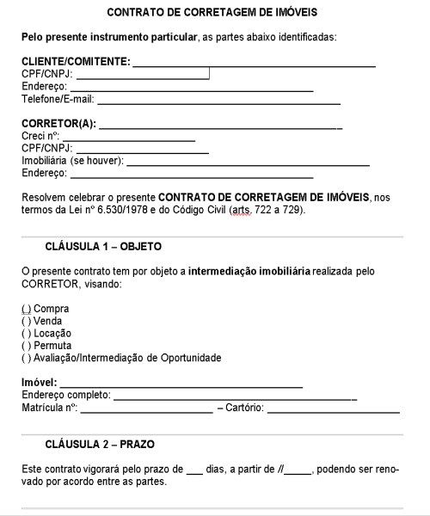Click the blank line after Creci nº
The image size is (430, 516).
(x=128, y=138)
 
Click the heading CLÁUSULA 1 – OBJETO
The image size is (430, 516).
(x=103, y=247)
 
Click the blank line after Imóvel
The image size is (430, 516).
(x=181, y=383)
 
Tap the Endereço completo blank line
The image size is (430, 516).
(x=235, y=396)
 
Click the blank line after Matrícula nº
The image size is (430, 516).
(x=146, y=408)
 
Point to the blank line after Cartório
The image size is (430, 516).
(x=334, y=408)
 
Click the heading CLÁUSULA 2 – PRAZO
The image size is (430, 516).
(x=100, y=444)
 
